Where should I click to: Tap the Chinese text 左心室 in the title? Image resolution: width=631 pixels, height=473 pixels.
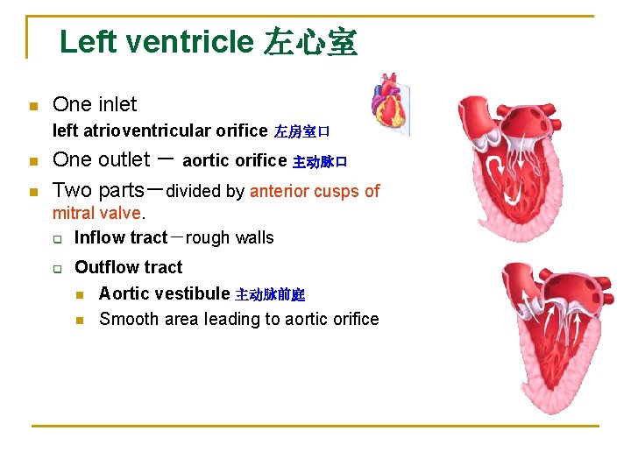[x=310, y=42]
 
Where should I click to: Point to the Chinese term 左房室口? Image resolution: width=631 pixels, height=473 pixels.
[x=301, y=132]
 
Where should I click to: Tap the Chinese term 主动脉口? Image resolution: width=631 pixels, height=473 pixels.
[x=320, y=162]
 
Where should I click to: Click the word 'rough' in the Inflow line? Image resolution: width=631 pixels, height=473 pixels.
[x=206, y=238]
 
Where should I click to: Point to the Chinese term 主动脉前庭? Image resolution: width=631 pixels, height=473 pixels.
[x=270, y=295]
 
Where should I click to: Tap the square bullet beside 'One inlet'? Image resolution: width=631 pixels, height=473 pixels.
[x=33, y=107]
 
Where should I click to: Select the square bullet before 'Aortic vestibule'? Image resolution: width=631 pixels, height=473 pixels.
[x=79, y=295]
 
